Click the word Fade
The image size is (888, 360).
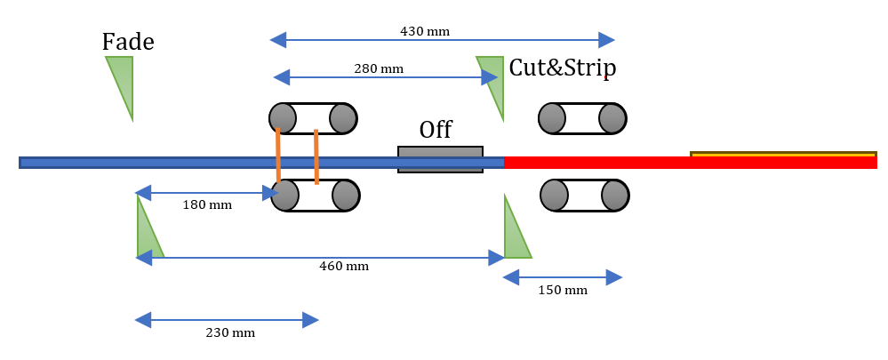pyautogui.click(x=128, y=42)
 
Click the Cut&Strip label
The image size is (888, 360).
pyautogui.click(x=562, y=68)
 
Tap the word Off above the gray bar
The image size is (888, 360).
pyautogui.click(x=436, y=130)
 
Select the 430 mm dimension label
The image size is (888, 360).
pyautogui.click(x=425, y=31)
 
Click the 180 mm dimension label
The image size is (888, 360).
pyautogui.click(x=207, y=205)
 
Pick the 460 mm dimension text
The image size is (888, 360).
pyautogui.click(x=344, y=267)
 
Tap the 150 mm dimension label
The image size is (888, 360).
pyautogui.click(x=563, y=291)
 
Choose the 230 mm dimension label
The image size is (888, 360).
pyautogui.click(x=230, y=332)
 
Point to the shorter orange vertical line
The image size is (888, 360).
pyautogui.click(x=316, y=156)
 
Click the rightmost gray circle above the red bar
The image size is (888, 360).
pyautogui.click(x=612, y=118)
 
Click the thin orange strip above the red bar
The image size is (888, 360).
pyautogui.click(x=783, y=155)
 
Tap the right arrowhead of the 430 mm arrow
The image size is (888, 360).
pyautogui.click(x=609, y=40)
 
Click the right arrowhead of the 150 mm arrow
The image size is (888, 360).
pyautogui.click(x=615, y=278)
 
